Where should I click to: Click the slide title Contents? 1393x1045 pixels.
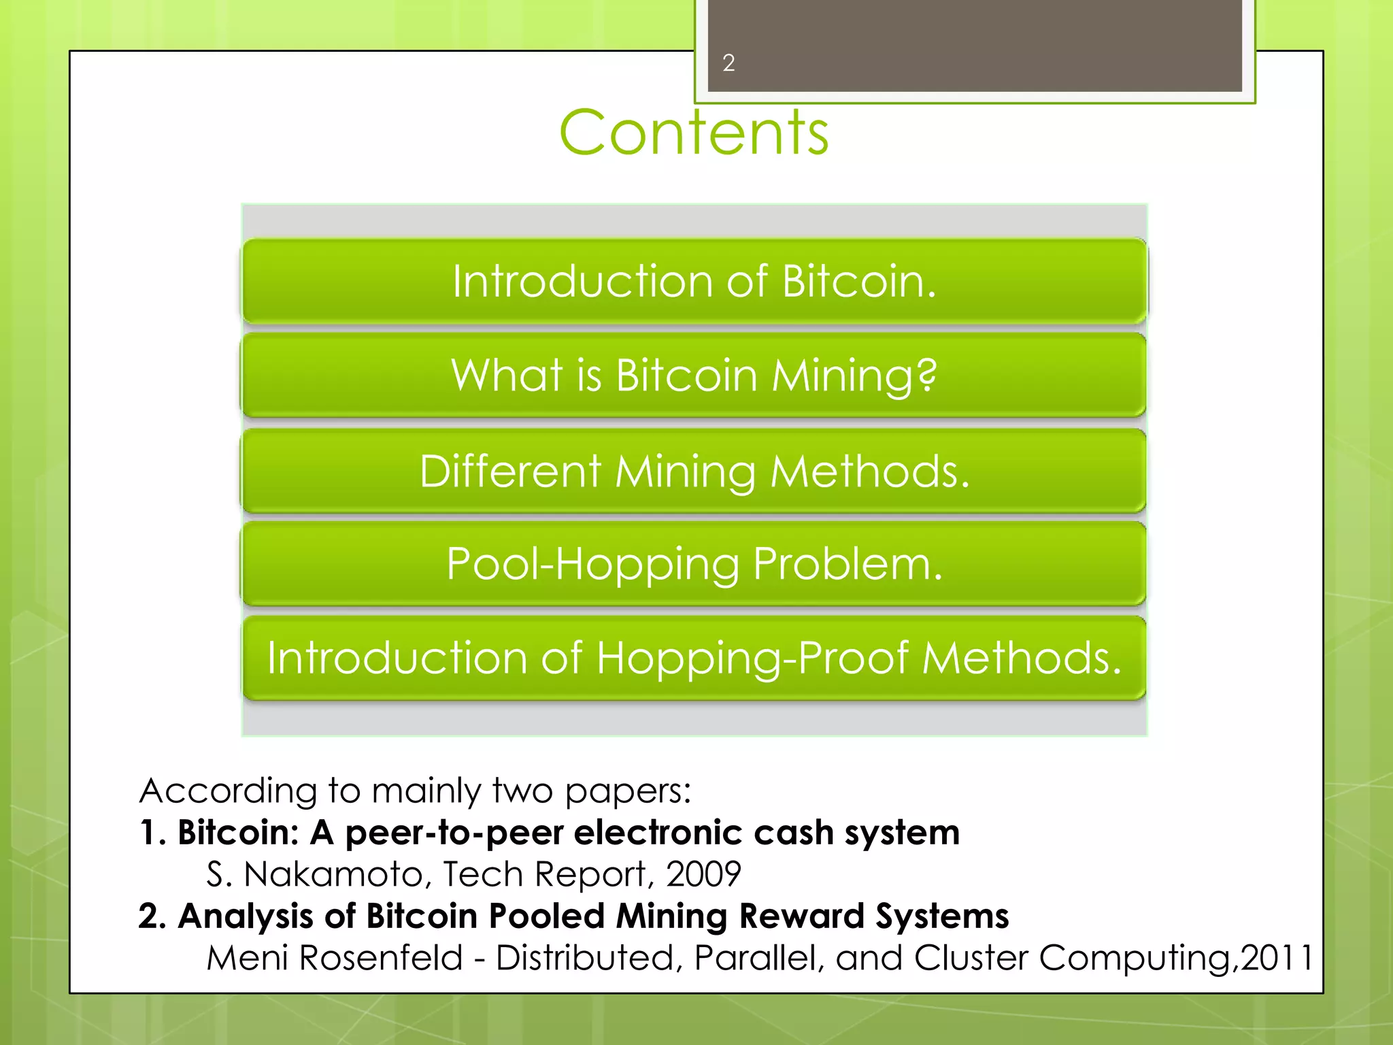click(694, 133)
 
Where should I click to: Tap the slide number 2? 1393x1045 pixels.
click(728, 63)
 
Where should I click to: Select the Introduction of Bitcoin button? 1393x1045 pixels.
click(694, 281)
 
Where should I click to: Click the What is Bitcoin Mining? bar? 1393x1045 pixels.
click(694, 375)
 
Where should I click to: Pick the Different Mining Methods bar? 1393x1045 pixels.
click(694, 471)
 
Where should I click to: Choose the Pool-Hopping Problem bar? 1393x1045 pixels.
click(694, 564)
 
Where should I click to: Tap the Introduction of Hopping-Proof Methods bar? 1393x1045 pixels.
click(694, 658)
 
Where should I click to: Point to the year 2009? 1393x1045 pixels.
click(703, 874)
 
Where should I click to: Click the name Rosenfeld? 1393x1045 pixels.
click(381, 958)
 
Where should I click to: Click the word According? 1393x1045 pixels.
click(228, 791)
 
